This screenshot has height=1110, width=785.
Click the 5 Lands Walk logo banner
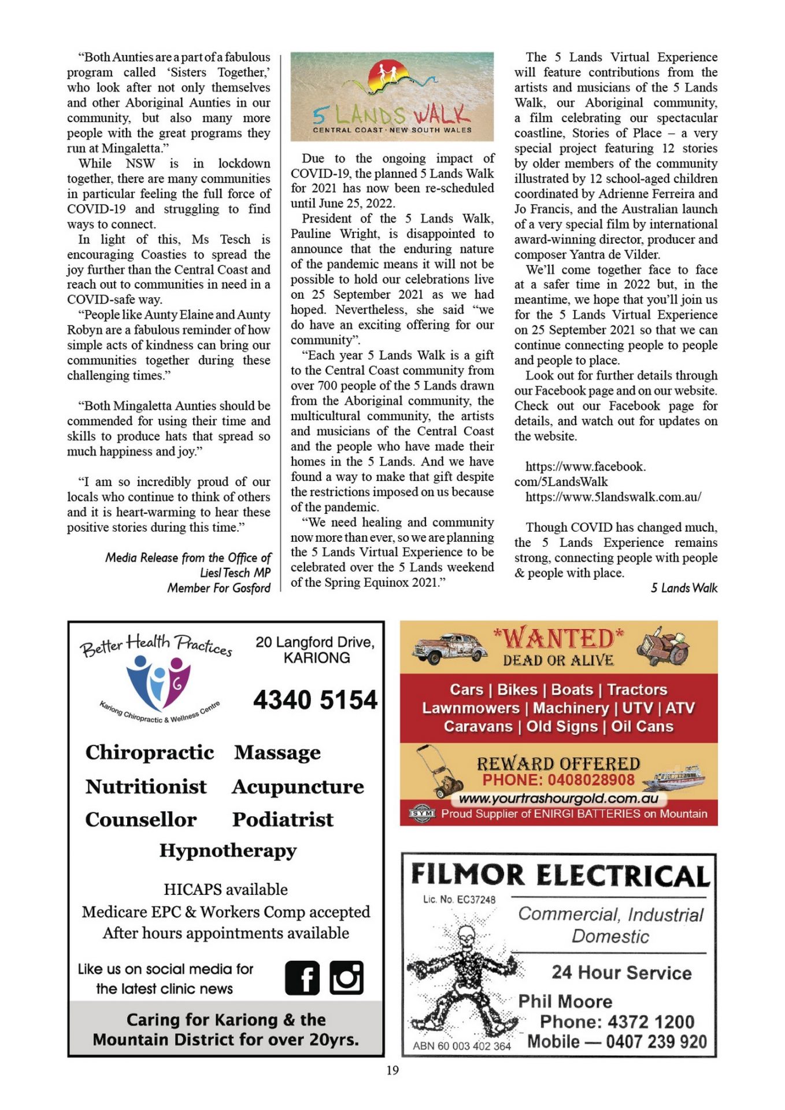[392, 97]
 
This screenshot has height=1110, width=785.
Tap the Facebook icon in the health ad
[302, 978]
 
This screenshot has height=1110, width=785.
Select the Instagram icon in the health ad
[346, 978]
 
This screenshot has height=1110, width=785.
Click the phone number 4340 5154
[315, 700]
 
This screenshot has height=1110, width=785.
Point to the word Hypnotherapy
[228, 850]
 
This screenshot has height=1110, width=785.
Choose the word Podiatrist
[283, 819]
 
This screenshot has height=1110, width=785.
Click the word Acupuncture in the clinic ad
[298, 786]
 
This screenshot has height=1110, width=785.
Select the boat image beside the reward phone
[676, 776]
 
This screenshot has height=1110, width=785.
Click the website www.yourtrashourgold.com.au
[558, 798]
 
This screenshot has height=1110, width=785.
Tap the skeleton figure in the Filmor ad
[463, 980]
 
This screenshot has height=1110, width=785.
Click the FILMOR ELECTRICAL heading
[560, 875]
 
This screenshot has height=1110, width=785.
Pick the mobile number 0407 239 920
[656, 1042]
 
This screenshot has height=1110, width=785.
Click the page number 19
[392, 1070]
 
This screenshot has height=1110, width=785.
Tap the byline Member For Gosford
[219, 588]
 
